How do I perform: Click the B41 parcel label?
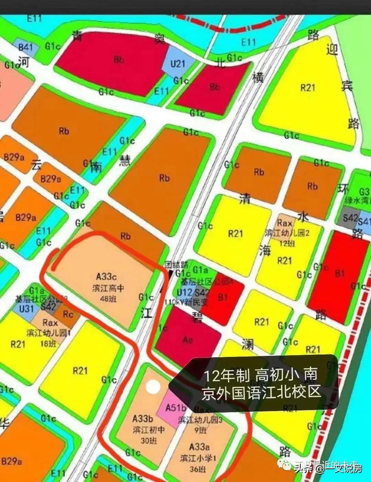click(x=26, y=47)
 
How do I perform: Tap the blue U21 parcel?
click(x=178, y=64)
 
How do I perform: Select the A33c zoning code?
click(x=106, y=276)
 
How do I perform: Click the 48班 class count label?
click(x=108, y=298)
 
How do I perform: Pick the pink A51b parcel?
click(x=175, y=408)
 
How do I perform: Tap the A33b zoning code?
click(x=143, y=419)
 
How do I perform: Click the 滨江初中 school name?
click(x=148, y=430)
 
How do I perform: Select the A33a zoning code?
click(x=200, y=447)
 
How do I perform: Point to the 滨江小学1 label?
click(x=198, y=458)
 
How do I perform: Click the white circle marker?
click(x=153, y=387)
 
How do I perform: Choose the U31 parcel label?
click(x=26, y=308)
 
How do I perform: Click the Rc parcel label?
click(x=68, y=314)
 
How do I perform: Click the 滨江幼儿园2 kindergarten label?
click(x=287, y=233)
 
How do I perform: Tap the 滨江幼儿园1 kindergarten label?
click(x=49, y=333)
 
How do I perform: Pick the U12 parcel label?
click(x=184, y=293)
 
